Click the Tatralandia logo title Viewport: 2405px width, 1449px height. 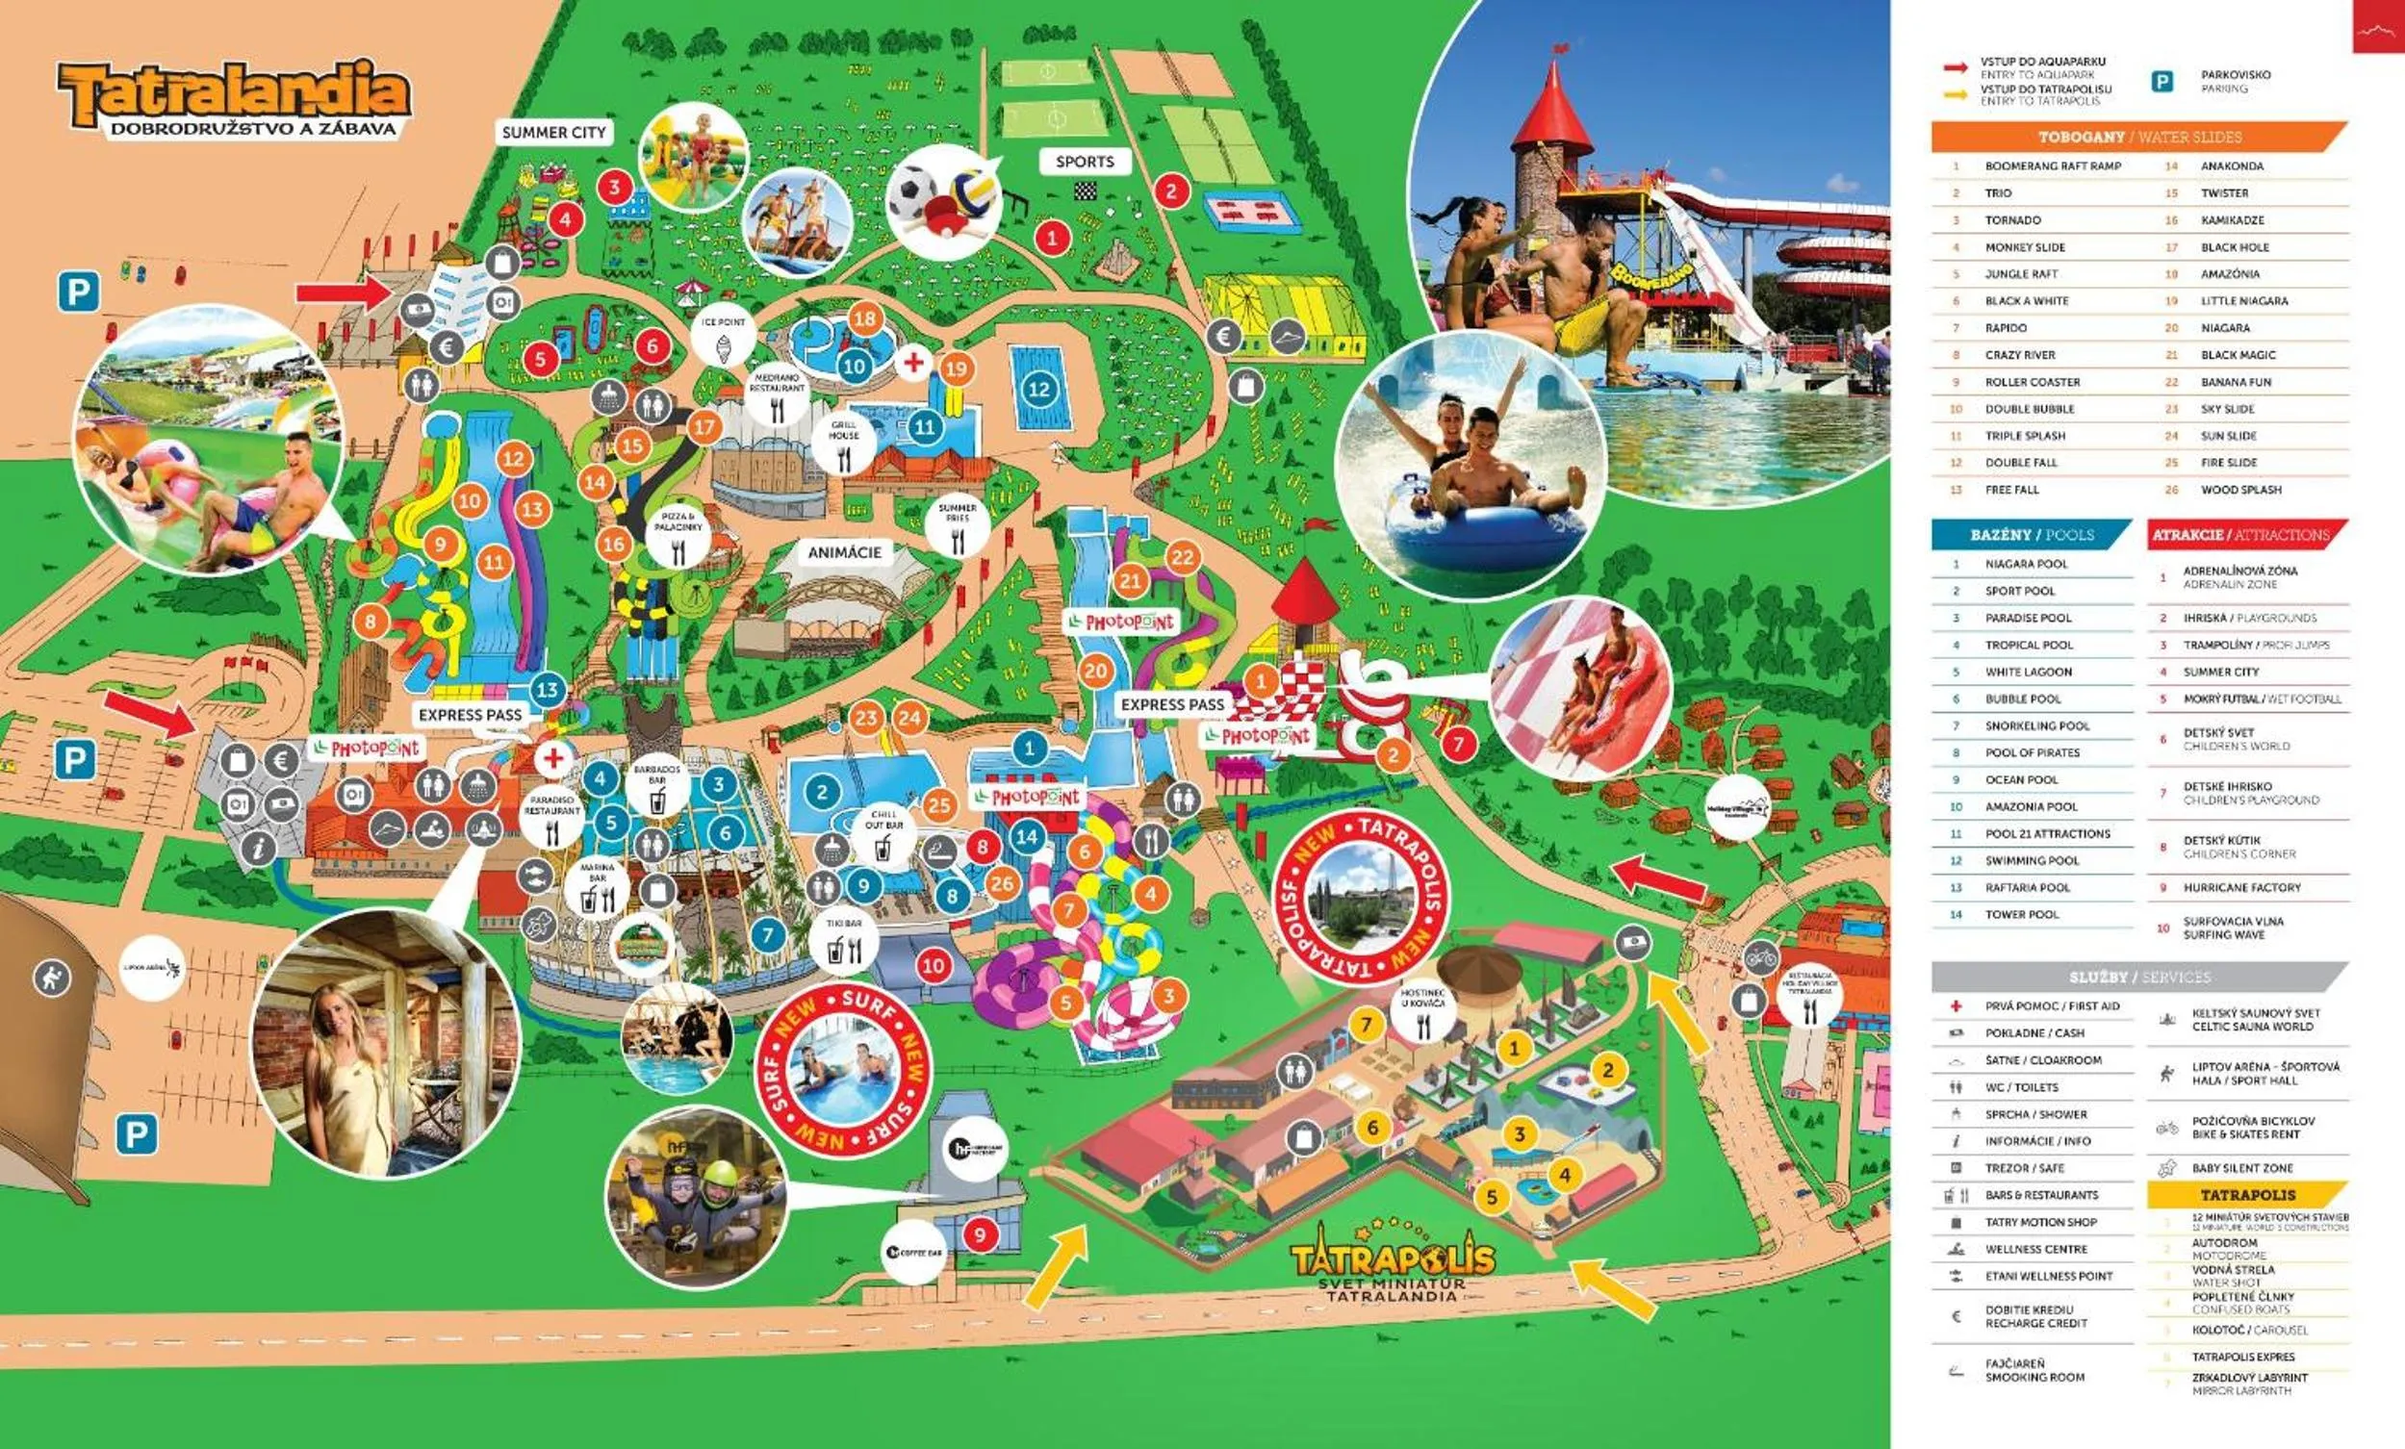234,92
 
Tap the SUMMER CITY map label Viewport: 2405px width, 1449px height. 553,133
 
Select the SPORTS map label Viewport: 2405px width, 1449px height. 1085,162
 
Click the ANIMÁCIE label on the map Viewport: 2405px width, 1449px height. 844,552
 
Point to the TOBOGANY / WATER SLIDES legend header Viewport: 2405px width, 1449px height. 2137,138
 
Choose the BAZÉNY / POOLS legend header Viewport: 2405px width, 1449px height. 2032,535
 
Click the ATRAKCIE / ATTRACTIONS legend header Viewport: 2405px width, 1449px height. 2246,535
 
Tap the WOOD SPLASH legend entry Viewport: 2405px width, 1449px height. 2240,490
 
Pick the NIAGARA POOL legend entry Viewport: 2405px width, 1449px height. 2025,564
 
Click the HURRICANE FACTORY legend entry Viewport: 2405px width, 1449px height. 2241,888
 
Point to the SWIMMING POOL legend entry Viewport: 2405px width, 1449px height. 2032,860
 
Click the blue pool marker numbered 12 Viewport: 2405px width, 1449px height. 1038,390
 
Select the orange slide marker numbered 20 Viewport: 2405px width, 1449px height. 1096,671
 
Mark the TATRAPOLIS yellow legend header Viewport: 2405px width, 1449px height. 2247,1194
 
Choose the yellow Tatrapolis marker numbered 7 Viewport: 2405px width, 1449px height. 1367,1024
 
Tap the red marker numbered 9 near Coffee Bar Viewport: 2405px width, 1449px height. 980,1235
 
